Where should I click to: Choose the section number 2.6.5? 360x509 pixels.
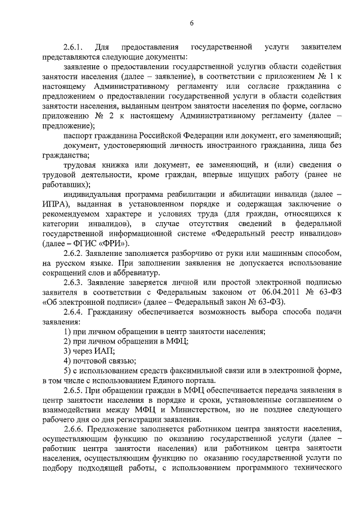click(x=75, y=390)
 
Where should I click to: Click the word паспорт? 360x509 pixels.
click(x=79, y=136)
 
